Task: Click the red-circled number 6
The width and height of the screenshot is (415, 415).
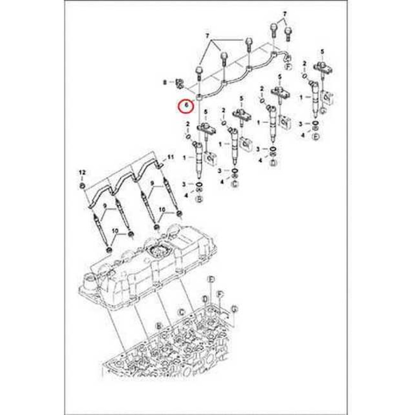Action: (x=186, y=106)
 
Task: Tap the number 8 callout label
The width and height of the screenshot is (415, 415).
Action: (x=164, y=83)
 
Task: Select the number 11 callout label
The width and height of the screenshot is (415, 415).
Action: (x=170, y=157)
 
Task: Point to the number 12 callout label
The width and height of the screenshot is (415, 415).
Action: (x=82, y=172)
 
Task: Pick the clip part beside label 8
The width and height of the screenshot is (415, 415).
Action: (x=180, y=83)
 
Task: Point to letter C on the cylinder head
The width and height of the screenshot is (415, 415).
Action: (x=181, y=311)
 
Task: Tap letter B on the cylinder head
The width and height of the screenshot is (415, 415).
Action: (x=158, y=327)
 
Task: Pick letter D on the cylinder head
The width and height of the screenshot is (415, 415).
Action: (x=205, y=299)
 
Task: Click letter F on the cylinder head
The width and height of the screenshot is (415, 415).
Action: (x=220, y=295)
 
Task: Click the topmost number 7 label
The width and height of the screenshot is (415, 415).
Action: (x=285, y=14)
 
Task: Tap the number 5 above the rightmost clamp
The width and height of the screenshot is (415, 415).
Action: (x=322, y=51)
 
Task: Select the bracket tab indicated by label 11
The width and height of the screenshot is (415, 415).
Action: (x=160, y=165)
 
